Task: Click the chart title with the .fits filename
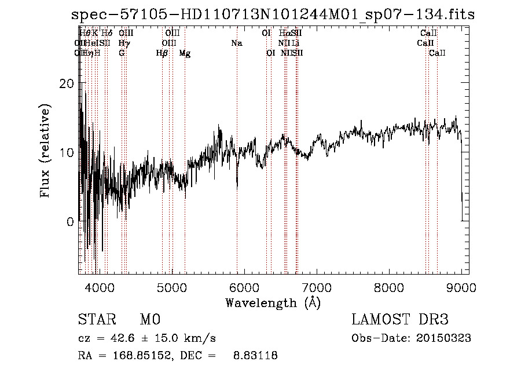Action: coord(273,14)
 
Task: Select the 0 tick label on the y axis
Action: coord(69,222)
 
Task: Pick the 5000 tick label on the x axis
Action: coord(172,287)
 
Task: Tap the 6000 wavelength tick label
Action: coord(244,287)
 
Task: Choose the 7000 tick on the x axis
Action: coord(317,287)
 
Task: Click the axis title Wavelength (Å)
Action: coord(273,302)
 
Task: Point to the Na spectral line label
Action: coord(236,43)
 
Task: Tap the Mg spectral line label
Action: coord(185,53)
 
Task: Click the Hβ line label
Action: coord(162,53)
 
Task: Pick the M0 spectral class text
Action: coord(149,320)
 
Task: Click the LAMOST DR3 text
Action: coord(400,320)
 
